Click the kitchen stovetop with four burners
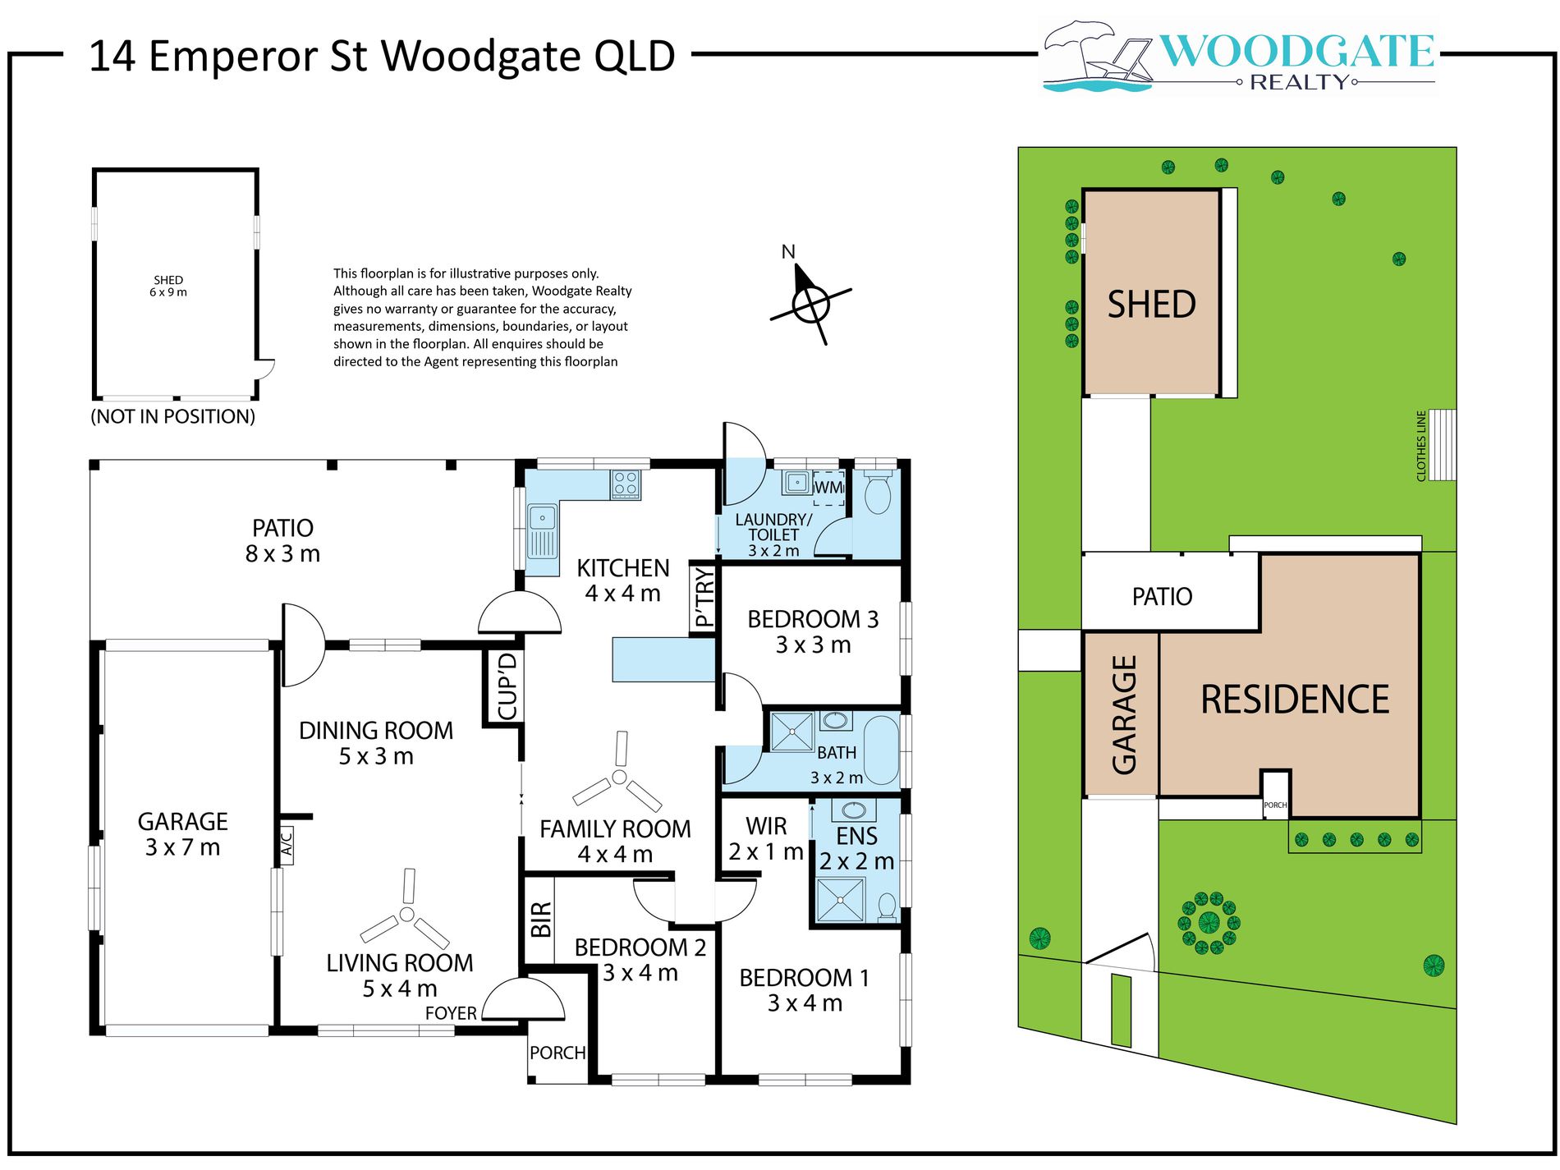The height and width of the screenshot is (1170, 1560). pos(626,484)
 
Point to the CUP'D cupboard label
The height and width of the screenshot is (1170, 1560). pos(507,686)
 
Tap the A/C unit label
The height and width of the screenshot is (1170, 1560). pos(287,843)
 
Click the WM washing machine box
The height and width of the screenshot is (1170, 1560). pos(828,488)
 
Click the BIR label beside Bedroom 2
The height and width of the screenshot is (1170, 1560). pos(540,919)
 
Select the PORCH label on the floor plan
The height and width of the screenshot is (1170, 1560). pos(557,1053)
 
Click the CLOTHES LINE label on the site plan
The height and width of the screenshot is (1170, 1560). pos(1421,446)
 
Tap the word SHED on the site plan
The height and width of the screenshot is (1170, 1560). pos(1151,305)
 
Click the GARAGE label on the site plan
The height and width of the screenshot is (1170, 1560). pos(1123,714)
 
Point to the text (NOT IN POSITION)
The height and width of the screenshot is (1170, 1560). pos(172,416)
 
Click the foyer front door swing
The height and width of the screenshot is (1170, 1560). pos(524,1002)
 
